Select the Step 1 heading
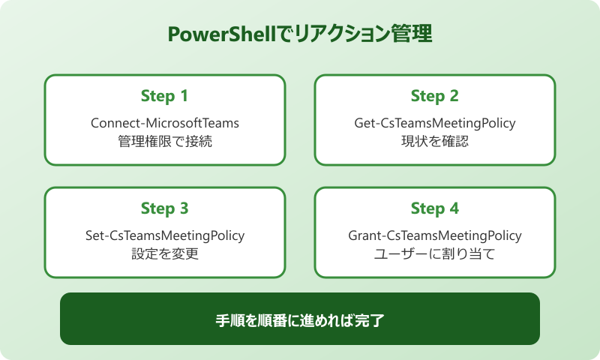tap(164, 96)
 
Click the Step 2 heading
tap(434, 96)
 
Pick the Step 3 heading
tap(164, 208)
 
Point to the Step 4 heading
tap(434, 208)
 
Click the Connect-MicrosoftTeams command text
tap(165, 122)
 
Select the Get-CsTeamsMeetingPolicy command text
tap(435, 122)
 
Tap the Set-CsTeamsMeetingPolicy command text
tap(165, 235)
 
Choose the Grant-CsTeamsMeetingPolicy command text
tap(435, 235)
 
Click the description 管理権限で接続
tap(165, 140)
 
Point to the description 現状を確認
tap(435, 140)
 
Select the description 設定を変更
tap(165, 253)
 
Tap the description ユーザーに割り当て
tap(435, 253)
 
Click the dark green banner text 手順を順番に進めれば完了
tap(300, 319)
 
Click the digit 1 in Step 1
tap(184, 96)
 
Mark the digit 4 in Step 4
tap(454, 208)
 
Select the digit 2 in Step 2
tap(454, 96)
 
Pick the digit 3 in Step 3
tap(184, 208)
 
